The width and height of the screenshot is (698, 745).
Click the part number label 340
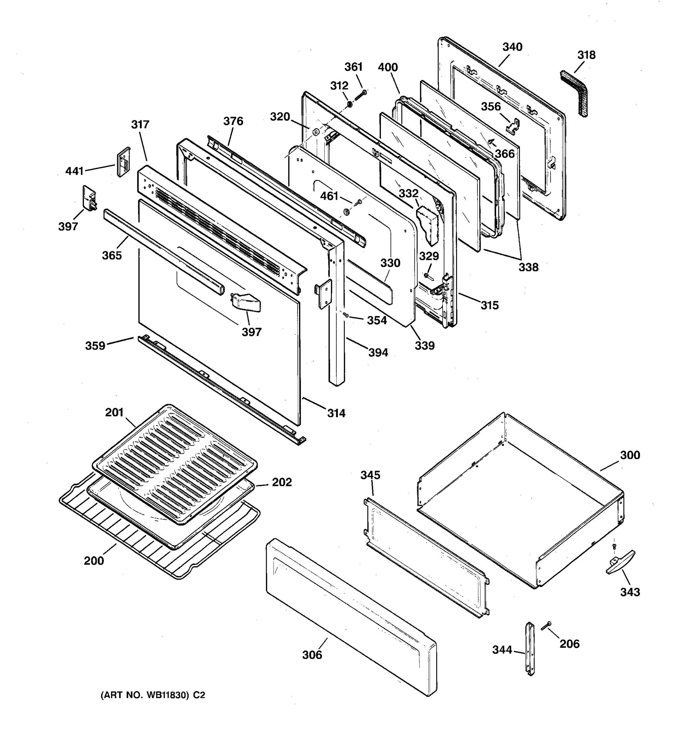coord(512,47)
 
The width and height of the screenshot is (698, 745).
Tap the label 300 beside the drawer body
coord(630,455)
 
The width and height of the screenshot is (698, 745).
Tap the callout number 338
coord(528,267)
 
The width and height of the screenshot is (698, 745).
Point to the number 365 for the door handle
coord(112,255)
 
